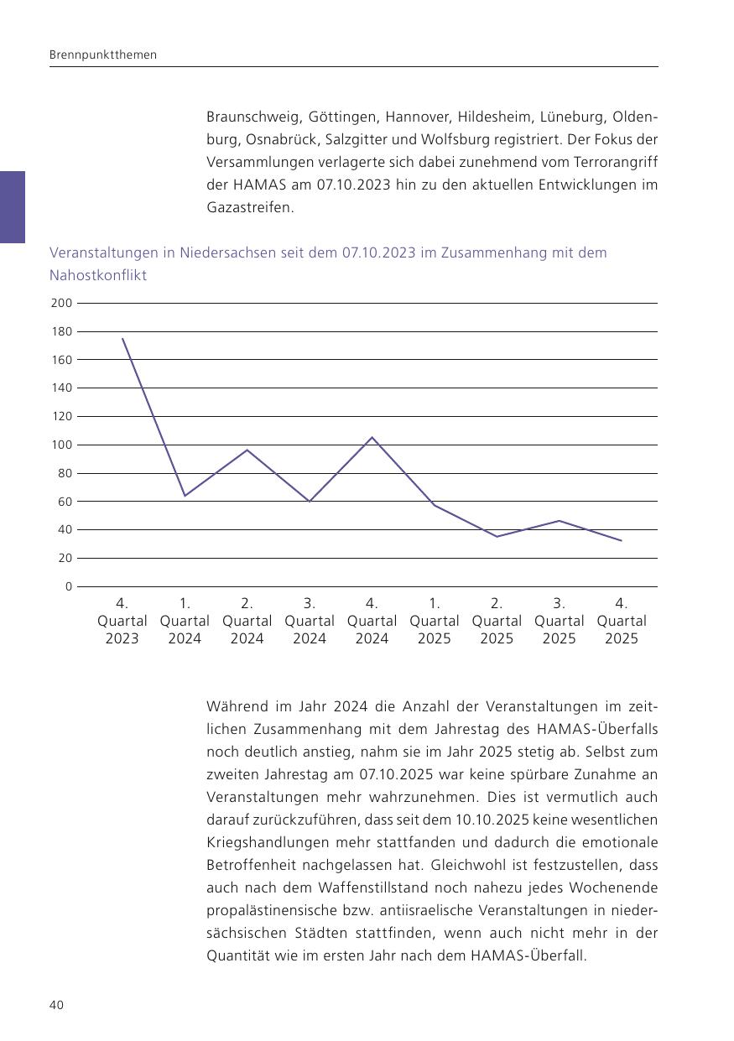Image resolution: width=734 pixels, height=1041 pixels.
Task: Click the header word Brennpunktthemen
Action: coord(102,55)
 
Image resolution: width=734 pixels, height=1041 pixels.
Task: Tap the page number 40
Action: coord(56,1005)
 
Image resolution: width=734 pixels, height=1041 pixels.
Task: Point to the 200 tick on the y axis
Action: coord(61,303)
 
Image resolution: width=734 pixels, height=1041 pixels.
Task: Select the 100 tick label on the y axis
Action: coord(61,445)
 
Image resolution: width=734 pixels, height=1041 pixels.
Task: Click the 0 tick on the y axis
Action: coord(69,586)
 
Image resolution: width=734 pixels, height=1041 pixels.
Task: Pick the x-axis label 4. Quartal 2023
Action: coord(122,621)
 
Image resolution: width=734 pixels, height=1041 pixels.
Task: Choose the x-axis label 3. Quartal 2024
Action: coord(310,621)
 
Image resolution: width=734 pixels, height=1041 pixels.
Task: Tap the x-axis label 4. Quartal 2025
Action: coord(622,621)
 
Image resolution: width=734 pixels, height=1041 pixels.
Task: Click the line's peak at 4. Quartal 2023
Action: coord(122,338)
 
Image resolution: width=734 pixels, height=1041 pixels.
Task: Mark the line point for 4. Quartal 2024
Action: coord(372,437)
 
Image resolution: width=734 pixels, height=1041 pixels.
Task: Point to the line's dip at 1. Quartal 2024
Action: coord(185,496)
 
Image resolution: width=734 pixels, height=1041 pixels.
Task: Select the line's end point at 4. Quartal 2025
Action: coord(622,540)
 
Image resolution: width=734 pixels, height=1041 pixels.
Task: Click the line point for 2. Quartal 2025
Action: coord(497,537)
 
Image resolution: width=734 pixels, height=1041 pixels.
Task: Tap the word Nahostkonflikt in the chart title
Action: coord(98,275)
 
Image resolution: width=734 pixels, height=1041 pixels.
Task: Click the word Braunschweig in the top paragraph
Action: coord(254,117)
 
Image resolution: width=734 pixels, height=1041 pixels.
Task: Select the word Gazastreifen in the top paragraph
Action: coord(250,207)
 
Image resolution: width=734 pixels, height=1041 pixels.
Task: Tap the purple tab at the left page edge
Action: coord(12,207)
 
